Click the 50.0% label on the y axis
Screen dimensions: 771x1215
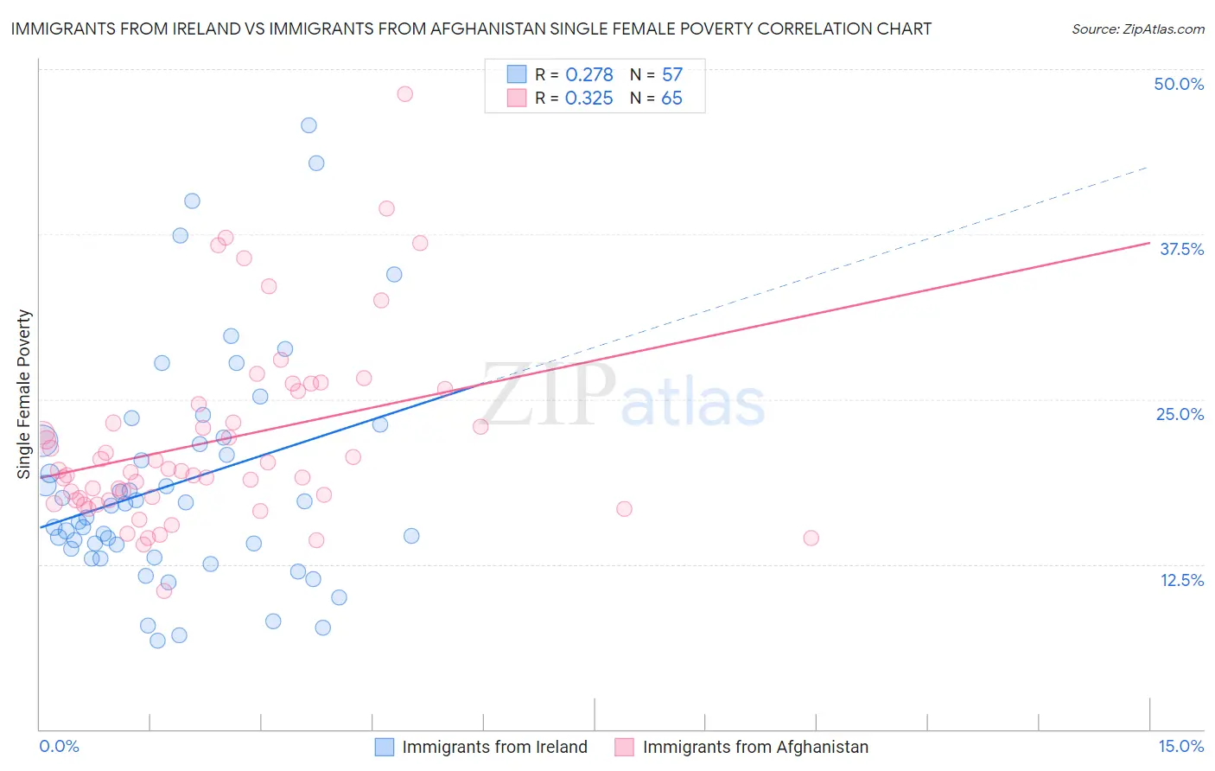(1178, 84)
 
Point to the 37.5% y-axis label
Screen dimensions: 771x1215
(1180, 249)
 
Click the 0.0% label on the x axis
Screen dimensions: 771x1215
(59, 746)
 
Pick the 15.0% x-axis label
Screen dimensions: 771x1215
(1180, 746)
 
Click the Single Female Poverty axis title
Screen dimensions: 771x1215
(24, 394)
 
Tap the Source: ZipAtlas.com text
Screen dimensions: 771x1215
(1137, 29)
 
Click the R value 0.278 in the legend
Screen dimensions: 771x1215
(588, 75)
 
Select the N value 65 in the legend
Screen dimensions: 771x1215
(671, 99)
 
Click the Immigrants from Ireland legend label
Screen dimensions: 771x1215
(494, 747)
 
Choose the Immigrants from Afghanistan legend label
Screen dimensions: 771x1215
(755, 747)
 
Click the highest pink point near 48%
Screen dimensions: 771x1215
(404, 94)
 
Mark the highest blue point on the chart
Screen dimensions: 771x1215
(309, 125)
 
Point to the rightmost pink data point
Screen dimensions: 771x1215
(811, 538)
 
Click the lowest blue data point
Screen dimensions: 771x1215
(157, 640)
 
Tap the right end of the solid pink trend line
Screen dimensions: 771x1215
(1148, 243)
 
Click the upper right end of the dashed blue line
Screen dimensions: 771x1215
(1147, 167)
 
